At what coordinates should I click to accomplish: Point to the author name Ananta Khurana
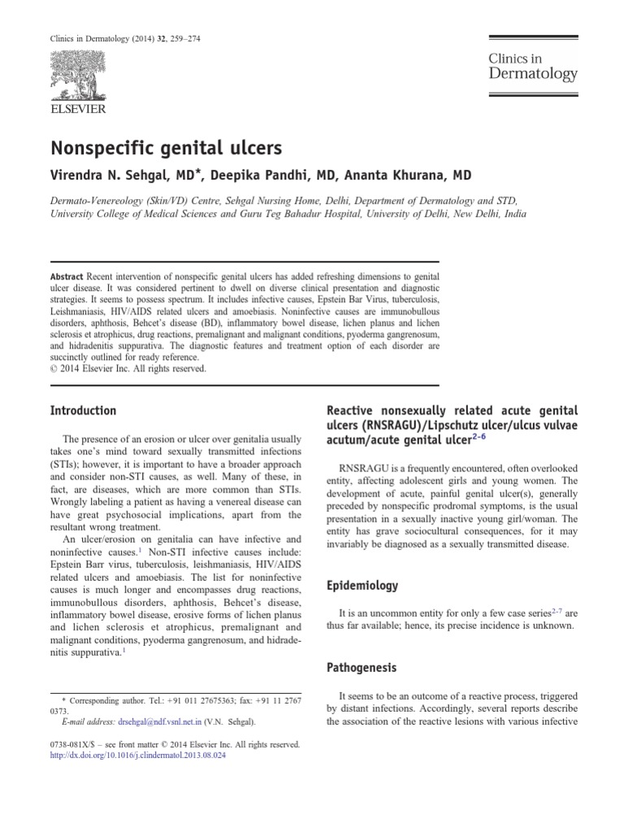[414, 175]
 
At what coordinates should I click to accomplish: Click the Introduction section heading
[84, 410]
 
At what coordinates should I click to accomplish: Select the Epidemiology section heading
[362, 585]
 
